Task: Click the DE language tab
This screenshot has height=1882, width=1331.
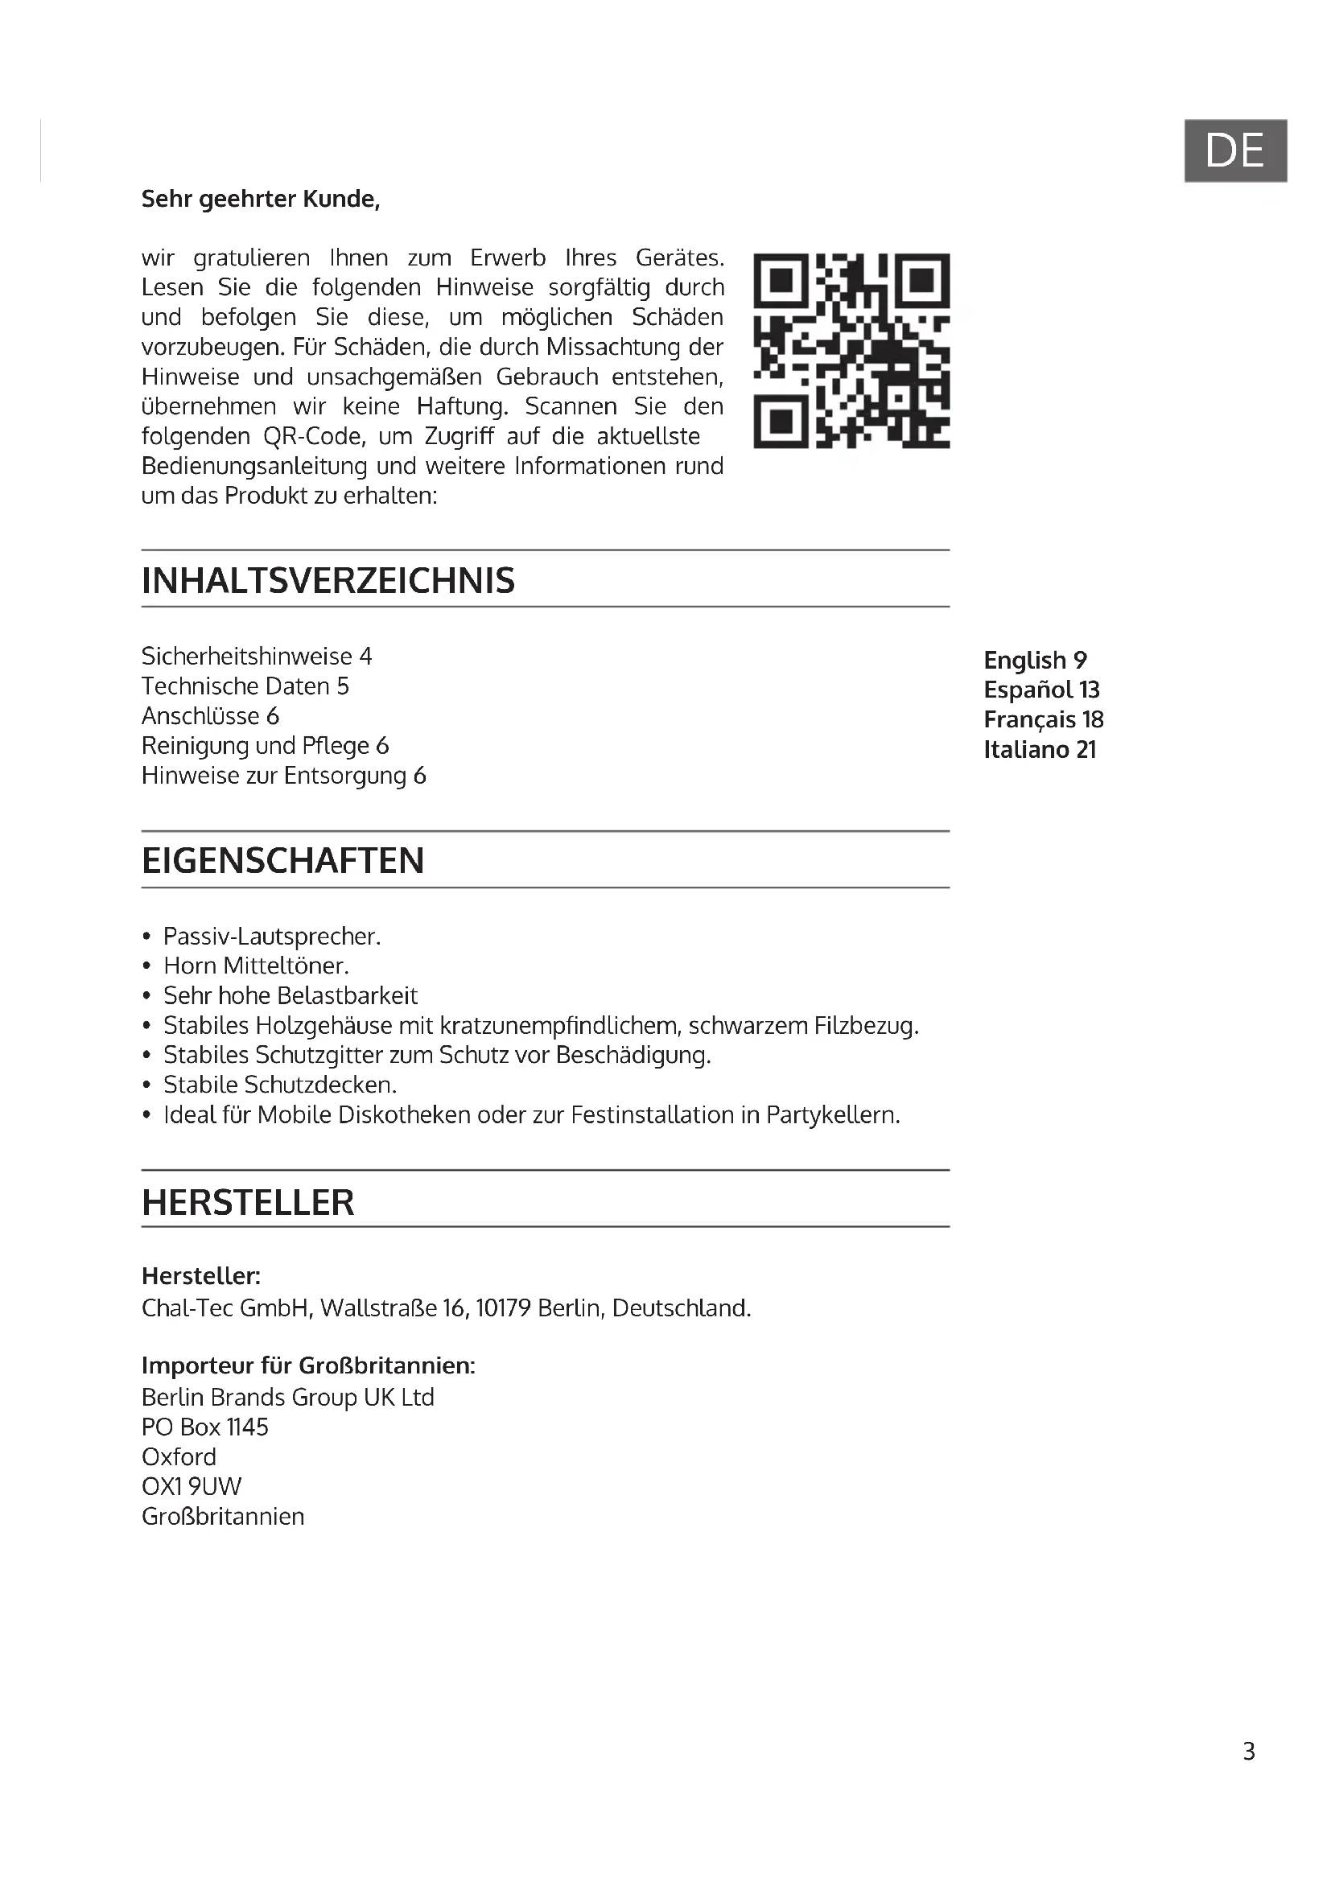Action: tap(1235, 150)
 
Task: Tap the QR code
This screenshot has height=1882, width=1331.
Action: tap(851, 351)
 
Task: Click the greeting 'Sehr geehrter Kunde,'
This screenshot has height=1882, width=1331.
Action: tap(261, 200)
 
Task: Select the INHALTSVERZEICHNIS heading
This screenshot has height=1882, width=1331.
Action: tap(328, 580)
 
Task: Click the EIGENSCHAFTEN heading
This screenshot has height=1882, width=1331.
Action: tap(282, 861)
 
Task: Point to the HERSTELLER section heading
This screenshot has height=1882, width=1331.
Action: tap(248, 1202)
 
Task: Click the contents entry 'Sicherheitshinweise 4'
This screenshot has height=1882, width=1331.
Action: tap(257, 656)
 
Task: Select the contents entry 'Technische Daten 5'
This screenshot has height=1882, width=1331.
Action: tap(245, 686)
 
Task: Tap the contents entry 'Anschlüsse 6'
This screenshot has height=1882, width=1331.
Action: tap(210, 715)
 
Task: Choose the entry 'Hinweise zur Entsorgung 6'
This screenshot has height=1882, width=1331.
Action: tap(283, 776)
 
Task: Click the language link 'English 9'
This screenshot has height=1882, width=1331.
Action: tap(1035, 660)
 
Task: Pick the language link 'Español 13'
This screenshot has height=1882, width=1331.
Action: tap(1040, 690)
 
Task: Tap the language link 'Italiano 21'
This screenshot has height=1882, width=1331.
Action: tap(1039, 749)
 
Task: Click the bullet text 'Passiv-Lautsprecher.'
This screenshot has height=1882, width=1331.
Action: tap(272, 936)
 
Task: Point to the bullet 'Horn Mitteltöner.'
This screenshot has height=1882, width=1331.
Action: tap(256, 966)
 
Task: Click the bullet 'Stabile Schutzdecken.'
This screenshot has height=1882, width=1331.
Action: tap(279, 1085)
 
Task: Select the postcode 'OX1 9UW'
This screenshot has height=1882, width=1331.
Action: tap(191, 1486)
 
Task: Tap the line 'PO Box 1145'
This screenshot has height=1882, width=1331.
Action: tap(205, 1427)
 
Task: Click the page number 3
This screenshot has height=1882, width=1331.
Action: tap(1248, 1752)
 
